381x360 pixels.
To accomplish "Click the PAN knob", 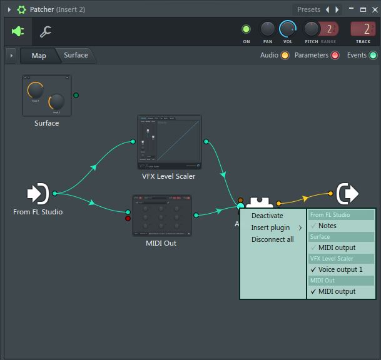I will pyautogui.click(x=267, y=29).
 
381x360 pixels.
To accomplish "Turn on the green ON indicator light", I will pyautogui.click(x=246, y=29).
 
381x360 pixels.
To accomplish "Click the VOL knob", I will pyautogui.click(x=288, y=29).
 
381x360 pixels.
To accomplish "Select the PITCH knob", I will pyautogui.click(x=311, y=29).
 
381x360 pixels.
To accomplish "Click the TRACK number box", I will pyautogui.click(x=363, y=29).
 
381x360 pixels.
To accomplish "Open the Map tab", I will pyautogui.click(x=39, y=56).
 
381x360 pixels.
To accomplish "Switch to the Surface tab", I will pyautogui.click(x=76, y=55).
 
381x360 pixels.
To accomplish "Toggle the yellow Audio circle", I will pyautogui.click(x=285, y=56).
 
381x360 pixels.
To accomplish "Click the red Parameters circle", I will pyautogui.click(x=335, y=56).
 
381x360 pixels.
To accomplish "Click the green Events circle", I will pyautogui.click(x=373, y=56).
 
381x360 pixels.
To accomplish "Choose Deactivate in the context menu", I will pyautogui.click(x=267, y=216).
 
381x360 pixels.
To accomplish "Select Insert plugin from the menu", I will pyautogui.click(x=271, y=227).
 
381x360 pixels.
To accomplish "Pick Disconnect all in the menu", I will pyautogui.click(x=273, y=239).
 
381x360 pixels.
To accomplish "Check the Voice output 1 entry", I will pyautogui.click(x=340, y=269).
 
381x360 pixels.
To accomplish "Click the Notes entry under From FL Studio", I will pyautogui.click(x=327, y=226).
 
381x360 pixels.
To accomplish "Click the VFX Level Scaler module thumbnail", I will pyautogui.click(x=170, y=142).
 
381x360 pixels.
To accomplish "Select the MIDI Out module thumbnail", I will pyautogui.click(x=161, y=216).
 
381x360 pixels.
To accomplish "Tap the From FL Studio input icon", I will pyautogui.click(x=38, y=194).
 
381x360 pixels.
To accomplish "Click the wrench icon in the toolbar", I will pyautogui.click(x=46, y=31).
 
